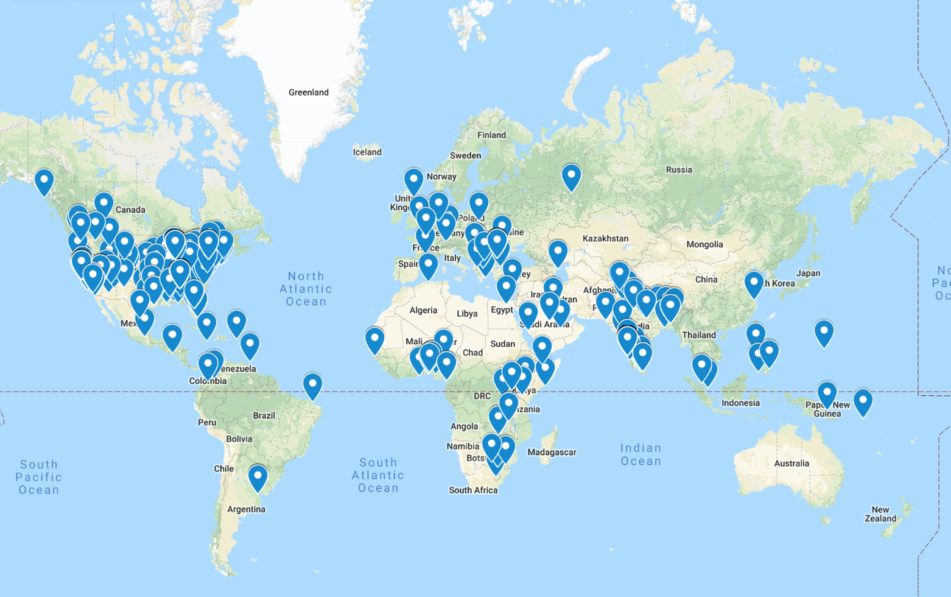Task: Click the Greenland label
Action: (x=308, y=93)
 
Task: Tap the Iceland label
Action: (x=367, y=152)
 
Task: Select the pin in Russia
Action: (x=571, y=177)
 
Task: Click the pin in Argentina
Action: (x=258, y=477)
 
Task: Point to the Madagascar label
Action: (x=552, y=452)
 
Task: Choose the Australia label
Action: (x=791, y=464)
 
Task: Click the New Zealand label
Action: (x=880, y=514)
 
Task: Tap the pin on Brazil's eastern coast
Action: (x=312, y=385)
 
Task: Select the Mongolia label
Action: (x=704, y=244)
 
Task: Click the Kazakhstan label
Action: (x=605, y=238)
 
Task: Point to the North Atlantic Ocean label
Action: (x=306, y=289)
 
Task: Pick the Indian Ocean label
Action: (x=640, y=454)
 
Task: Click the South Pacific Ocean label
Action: (x=39, y=477)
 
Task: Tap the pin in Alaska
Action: (x=44, y=181)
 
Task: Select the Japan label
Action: (x=808, y=273)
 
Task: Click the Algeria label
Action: (x=423, y=310)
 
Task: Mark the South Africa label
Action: (x=473, y=490)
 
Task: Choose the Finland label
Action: (x=491, y=135)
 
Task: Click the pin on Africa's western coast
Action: (x=374, y=339)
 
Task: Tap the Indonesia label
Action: (x=740, y=403)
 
